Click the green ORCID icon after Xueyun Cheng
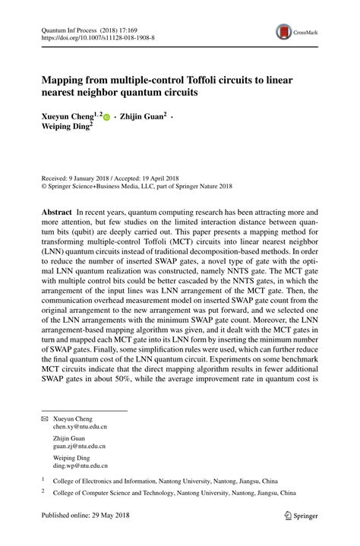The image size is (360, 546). point(106,117)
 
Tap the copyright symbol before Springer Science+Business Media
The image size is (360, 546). point(44,185)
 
